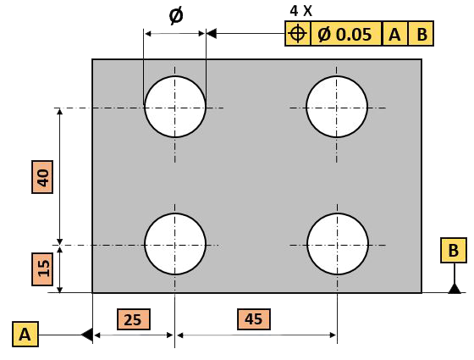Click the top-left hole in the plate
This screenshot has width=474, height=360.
pos(175,107)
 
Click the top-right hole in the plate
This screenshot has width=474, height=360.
pos(337,107)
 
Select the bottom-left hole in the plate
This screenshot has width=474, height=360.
pos(175,244)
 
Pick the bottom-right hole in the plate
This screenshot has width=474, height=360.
pos(338,244)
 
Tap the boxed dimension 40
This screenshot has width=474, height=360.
pos(42,177)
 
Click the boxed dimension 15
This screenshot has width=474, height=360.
pos(42,269)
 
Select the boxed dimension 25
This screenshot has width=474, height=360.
pos(134,319)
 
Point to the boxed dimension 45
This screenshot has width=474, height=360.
pos(254,319)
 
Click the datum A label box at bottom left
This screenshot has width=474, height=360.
pos(25,334)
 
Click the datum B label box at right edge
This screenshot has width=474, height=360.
pos(454,250)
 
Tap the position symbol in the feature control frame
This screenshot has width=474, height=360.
pos(298,33)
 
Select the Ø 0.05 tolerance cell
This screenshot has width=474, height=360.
pos(346,34)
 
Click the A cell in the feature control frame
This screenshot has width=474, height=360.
pos(395,34)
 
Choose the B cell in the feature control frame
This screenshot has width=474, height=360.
pos(421,34)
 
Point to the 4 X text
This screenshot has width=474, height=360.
pos(300,11)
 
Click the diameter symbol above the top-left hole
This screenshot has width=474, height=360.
pos(176,16)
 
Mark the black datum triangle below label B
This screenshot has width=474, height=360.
pos(455,289)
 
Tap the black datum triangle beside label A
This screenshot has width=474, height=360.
pos(87,335)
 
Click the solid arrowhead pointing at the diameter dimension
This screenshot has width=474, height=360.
pos(212,34)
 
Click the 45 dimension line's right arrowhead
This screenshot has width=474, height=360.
pos(333,335)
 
